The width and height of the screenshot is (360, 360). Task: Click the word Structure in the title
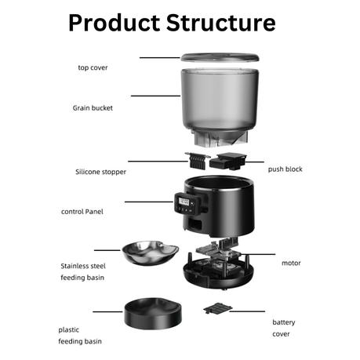click(x=221, y=23)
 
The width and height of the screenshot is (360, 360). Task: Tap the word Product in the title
click(x=115, y=23)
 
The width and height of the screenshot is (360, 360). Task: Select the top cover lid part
click(x=220, y=57)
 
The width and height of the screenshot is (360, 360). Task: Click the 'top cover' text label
click(x=93, y=67)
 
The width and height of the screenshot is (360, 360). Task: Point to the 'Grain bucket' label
click(x=93, y=108)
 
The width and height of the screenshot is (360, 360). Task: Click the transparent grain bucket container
click(x=220, y=107)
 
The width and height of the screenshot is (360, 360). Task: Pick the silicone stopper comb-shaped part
click(x=197, y=161)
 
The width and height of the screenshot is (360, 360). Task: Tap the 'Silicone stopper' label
click(x=100, y=172)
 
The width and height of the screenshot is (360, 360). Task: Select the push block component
click(x=227, y=161)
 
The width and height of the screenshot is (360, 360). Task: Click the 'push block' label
click(x=285, y=169)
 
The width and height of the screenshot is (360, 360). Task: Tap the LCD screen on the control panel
click(x=184, y=202)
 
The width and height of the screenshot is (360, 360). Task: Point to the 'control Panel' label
click(x=82, y=212)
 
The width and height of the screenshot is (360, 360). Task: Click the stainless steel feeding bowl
click(x=151, y=253)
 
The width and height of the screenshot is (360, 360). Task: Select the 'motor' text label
click(x=291, y=263)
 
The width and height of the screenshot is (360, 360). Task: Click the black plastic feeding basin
click(x=153, y=313)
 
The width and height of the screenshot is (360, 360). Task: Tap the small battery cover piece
click(x=218, y=308)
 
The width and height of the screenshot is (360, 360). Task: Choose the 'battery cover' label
click(x=284, y=328)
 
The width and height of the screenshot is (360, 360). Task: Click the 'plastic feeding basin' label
click(x=80, y=336)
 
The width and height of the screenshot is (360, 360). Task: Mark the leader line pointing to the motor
click(x=258, y=254)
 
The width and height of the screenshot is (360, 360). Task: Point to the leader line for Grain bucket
click(x=155, y=96)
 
